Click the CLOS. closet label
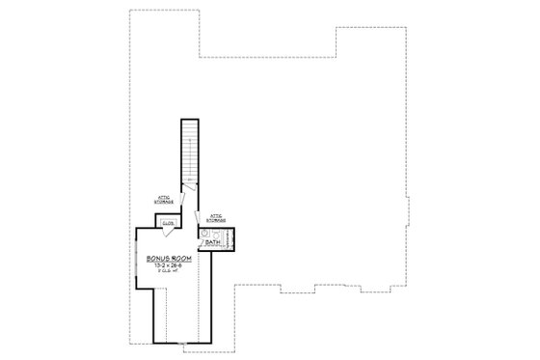(x=168, y=224)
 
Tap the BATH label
(x=212, y=242)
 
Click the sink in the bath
(x=205, y=234)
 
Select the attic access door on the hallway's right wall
(x=199, y=220)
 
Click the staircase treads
(x=191, y=150)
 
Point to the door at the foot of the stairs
(x=190, y=186)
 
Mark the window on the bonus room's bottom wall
(x=182, y=343)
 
